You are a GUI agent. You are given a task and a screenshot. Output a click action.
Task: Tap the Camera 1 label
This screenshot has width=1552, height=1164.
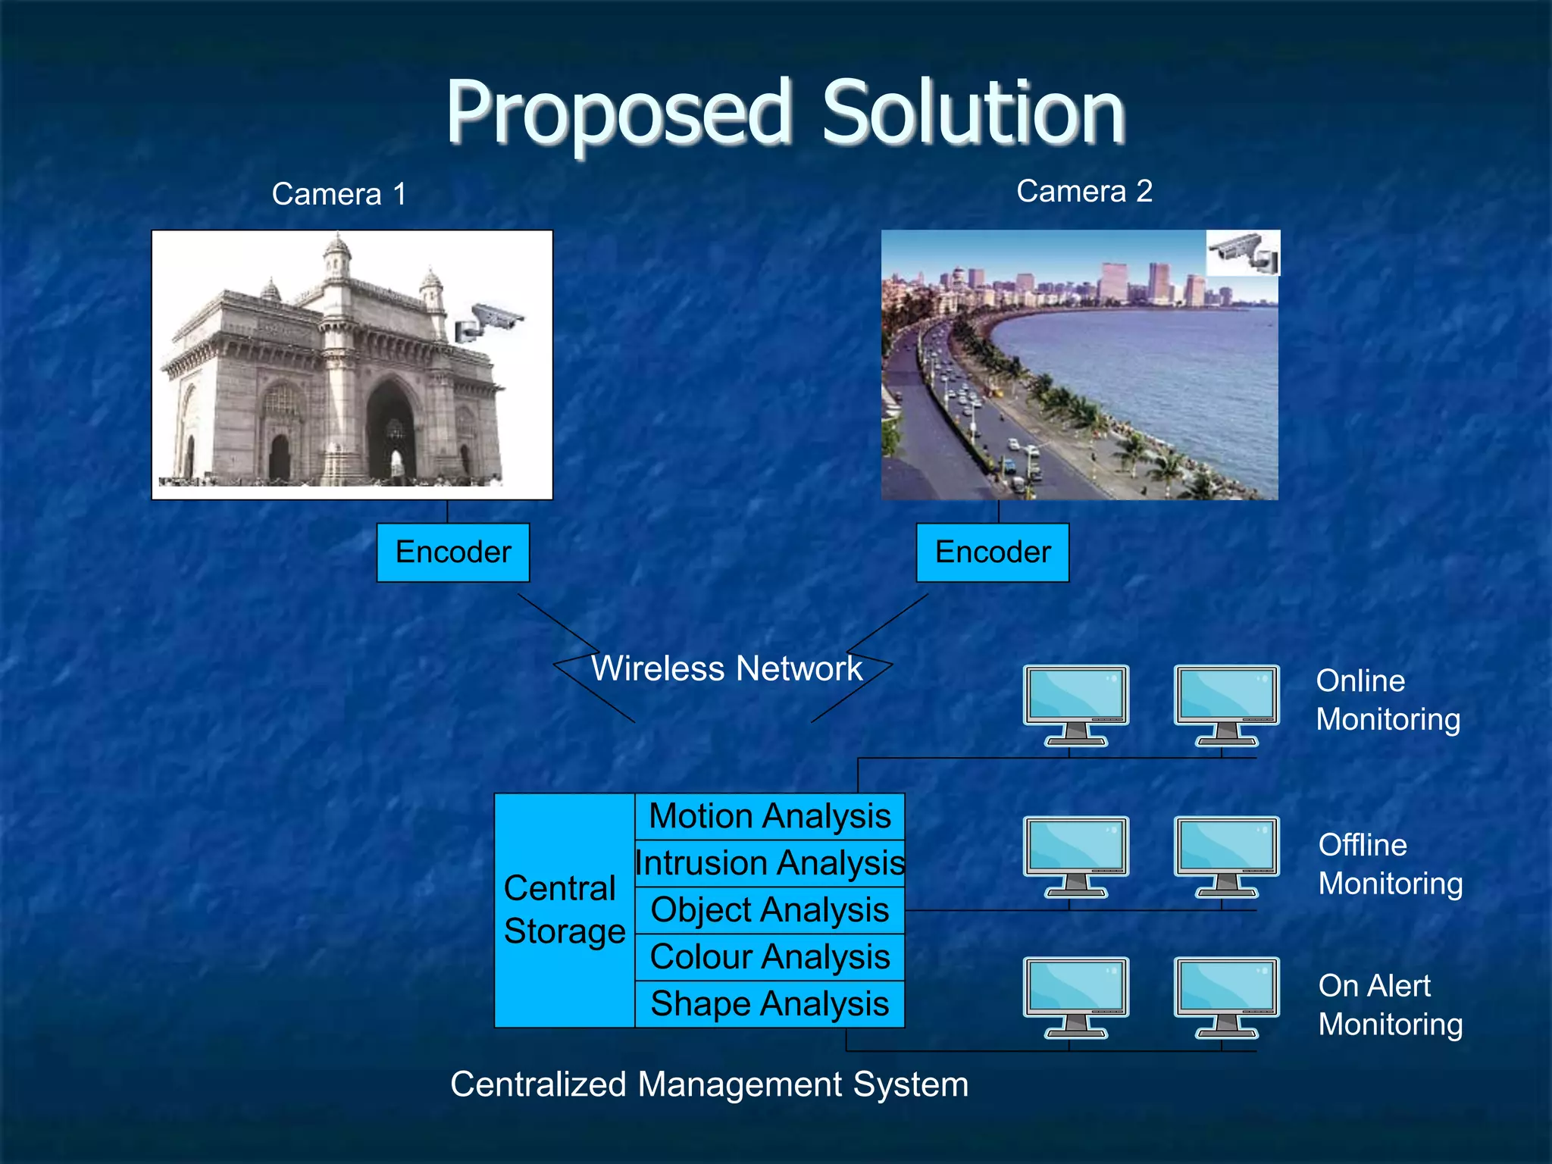tap(339, 194)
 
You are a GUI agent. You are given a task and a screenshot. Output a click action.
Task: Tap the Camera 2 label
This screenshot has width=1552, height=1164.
tap(1084, 191)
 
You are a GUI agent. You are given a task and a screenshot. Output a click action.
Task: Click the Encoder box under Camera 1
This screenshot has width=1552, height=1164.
tap(453, 552)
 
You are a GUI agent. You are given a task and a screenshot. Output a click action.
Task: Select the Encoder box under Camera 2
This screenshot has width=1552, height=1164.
tap(993, 552)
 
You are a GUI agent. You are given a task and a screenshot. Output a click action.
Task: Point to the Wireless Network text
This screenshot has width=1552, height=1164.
tap(726, 668)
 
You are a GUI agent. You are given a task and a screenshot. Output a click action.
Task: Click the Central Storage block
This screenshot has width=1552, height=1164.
tap(564, 910)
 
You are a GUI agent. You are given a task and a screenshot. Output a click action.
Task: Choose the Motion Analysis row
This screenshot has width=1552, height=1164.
tap(769, 816)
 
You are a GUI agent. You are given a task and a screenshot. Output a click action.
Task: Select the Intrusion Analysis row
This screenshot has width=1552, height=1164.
tap(769, 863)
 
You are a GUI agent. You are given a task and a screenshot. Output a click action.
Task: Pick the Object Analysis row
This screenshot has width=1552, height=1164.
tap(769, 910)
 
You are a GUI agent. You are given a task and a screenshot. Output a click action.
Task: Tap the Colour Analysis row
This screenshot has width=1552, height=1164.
tap(769, 957)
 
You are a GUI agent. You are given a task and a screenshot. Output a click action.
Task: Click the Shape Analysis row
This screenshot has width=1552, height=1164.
tap(769, 1004)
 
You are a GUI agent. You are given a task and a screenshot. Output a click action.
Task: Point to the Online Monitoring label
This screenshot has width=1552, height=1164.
tap(1388, 700)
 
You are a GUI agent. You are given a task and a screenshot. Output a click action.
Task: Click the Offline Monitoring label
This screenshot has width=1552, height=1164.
tap(1390, 864)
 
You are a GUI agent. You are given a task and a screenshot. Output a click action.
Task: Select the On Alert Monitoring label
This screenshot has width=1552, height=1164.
tap(1390, 1005)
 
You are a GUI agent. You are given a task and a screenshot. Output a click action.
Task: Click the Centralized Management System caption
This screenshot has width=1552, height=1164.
tap(709, 1084)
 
